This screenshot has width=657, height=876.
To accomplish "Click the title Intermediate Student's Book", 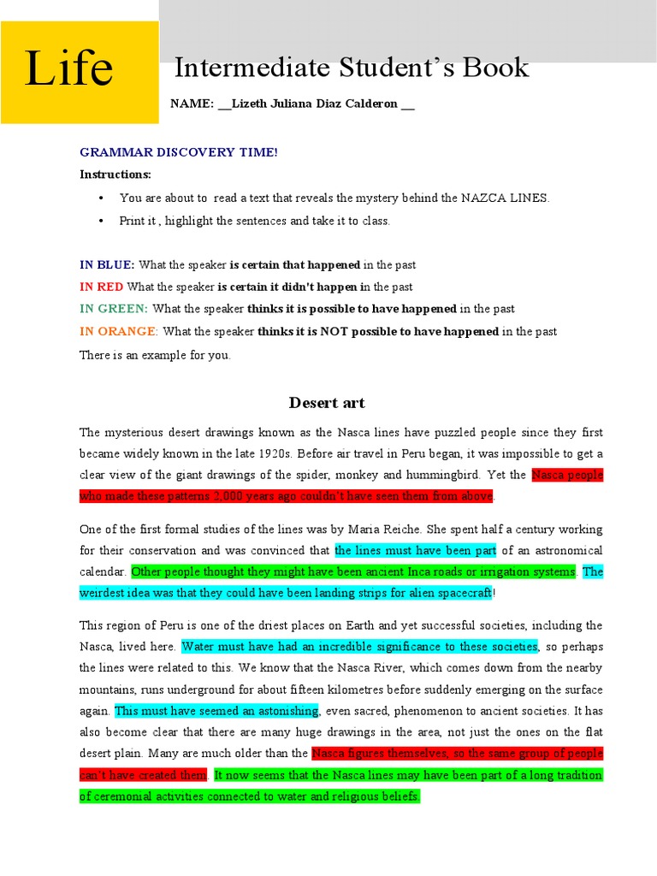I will [352, 68].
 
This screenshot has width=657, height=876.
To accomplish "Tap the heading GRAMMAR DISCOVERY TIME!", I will [178, 152].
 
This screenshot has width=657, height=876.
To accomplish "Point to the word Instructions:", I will [115, 175].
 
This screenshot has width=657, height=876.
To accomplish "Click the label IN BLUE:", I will [107, 265].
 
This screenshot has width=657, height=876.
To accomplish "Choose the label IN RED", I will [101, 287].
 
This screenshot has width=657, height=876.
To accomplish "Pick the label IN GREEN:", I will [114, 309].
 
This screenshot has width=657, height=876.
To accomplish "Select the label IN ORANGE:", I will [118, 331].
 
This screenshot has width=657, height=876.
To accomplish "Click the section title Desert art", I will [327, 402].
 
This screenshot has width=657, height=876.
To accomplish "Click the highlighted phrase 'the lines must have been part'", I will [415, 550].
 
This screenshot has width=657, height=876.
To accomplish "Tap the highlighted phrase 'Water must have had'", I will [359, 646].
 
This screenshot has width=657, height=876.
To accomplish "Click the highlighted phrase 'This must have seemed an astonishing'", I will [216, 710].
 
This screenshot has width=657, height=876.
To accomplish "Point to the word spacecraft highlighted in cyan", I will [463, 593].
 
